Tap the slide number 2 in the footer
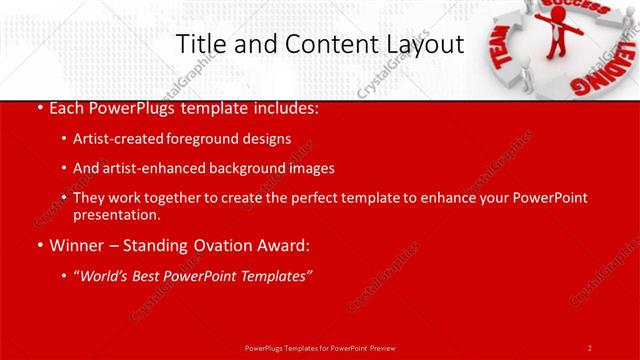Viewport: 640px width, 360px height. pyautogui.click(x=589, y=347)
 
